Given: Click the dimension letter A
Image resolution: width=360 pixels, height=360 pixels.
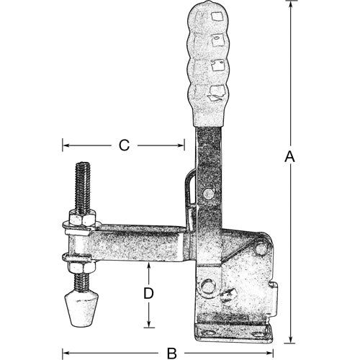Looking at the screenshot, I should [x=289, y=156].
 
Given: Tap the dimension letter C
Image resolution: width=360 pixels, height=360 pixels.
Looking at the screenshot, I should [x=123, y=145].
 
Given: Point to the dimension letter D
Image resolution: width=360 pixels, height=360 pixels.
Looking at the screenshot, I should [x=148, y=294].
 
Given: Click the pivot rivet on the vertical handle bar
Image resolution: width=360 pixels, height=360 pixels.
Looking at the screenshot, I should [x=209, y=193].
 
